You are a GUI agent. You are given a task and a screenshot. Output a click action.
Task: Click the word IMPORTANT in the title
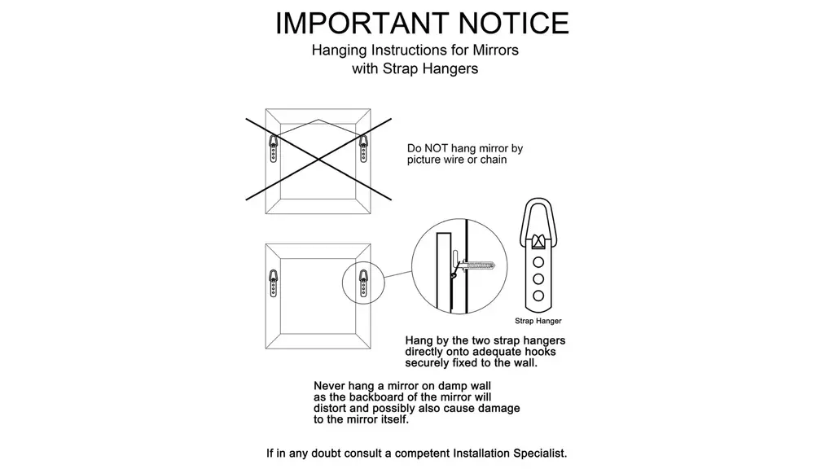click(362, 23)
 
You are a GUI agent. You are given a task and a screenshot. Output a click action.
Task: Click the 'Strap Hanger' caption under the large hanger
click(538, 321)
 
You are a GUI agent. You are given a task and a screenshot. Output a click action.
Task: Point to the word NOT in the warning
click(435, 148)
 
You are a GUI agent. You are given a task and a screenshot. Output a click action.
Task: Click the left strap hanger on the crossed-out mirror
click(274, 148)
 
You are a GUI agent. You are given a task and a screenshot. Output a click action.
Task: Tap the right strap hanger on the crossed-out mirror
click(363, 148)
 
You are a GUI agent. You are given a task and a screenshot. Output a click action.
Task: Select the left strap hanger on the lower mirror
click(274, 283)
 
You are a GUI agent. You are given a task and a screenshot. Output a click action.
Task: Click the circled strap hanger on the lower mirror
click(363, 283)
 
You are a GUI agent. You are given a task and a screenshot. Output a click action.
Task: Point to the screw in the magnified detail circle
click(476, 265)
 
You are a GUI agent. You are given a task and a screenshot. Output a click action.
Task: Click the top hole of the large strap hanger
click(538, 262)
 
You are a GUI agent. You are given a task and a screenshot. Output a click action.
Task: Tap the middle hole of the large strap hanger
click(538, 278)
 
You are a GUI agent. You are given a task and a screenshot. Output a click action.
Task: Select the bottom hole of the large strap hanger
click(538, 296)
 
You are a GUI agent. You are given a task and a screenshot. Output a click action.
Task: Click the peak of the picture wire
click(318, 120)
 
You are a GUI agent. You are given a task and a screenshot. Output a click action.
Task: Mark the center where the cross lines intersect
click(318, 160)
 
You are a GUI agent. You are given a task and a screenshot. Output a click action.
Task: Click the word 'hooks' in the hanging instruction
click(541, 352)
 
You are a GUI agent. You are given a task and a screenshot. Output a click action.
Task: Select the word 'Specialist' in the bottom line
click(539, 454)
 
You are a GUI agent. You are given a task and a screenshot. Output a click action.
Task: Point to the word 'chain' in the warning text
click(493, 160)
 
